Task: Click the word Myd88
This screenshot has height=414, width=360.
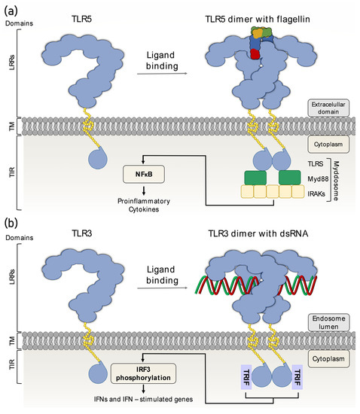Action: [x=323, y=178]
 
